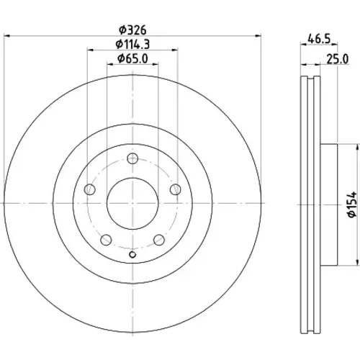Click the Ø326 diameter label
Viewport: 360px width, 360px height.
132,30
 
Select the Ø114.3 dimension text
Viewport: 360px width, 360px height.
132,45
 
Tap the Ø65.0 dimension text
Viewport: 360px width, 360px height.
132,59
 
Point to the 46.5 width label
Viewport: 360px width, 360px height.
319,38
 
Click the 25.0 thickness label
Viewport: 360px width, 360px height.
337,59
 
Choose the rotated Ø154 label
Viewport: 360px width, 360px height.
354,204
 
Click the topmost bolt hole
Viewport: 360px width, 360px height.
132,158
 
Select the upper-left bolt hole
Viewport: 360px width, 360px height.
90,189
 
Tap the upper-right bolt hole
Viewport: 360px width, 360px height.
176,189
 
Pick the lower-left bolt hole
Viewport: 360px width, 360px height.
106,240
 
